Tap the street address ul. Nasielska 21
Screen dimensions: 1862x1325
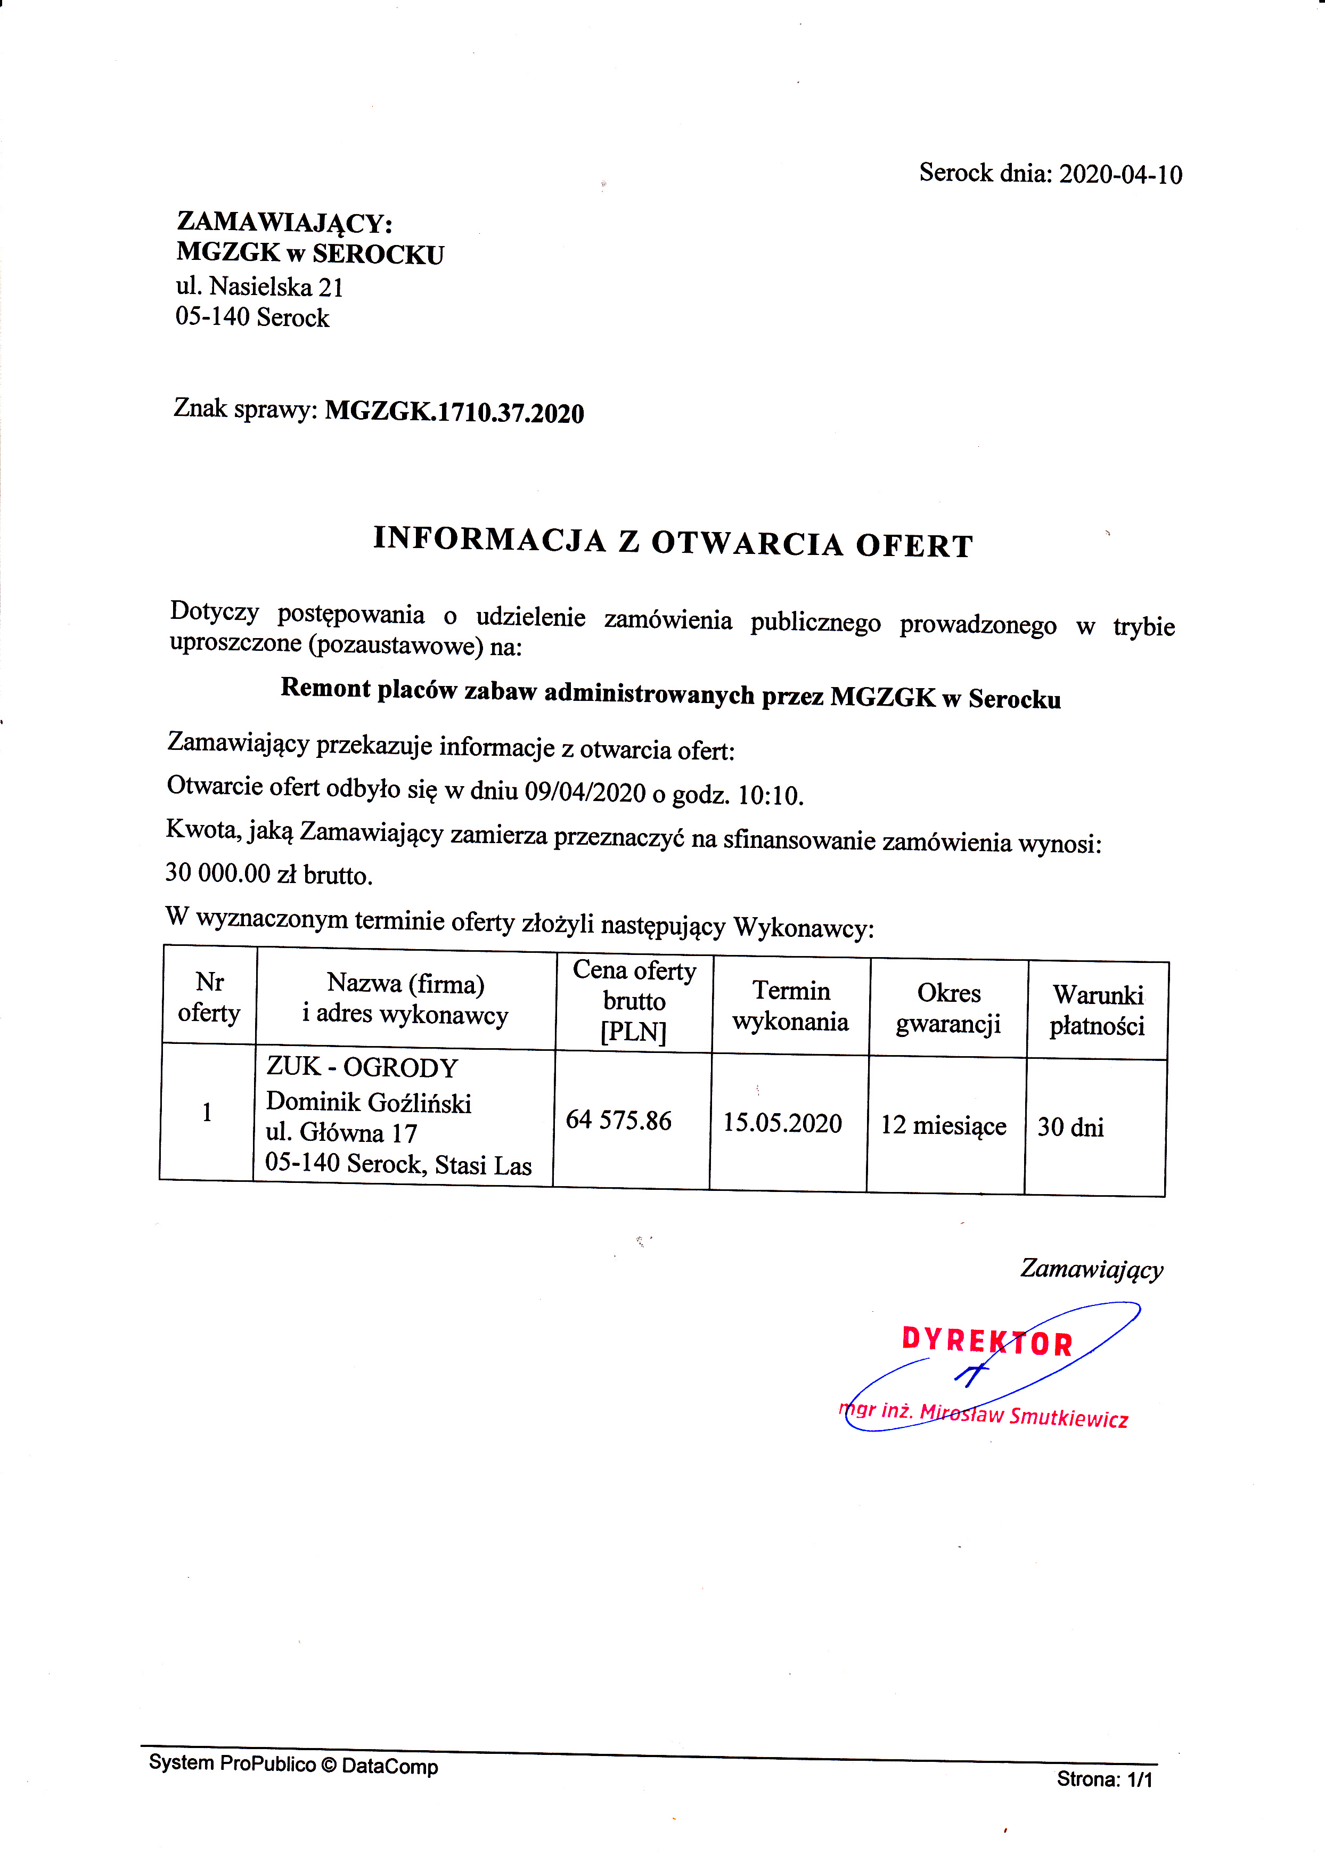pos(259,287)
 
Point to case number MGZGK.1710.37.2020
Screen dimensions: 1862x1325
pos(454,413)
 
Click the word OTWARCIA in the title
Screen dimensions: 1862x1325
pos(747,543)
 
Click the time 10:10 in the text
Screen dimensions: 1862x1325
pos(770,796)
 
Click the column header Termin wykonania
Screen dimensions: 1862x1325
pos(791,1006)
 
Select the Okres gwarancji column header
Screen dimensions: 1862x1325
pos(948,1009)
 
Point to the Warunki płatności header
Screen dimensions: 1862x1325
pos(1098,1010)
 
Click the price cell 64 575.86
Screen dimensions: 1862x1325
pos(618,1120)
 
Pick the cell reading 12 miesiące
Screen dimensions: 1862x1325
pos(943,1126)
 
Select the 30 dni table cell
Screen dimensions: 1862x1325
pos(1070,1128)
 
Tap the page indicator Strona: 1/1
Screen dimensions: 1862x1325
pos(1104,1779)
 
